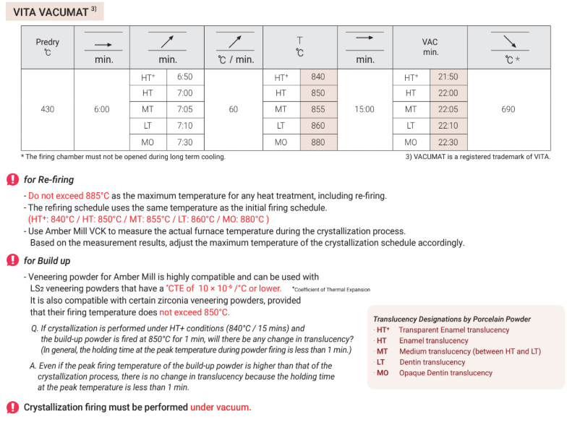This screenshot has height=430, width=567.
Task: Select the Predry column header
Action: click(x=48, y=47)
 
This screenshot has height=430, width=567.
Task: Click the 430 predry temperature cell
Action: click(x=48, y=109)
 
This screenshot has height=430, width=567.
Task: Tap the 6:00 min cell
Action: click(x=102, y=109)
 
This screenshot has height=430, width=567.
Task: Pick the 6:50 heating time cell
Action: click(x=185, y=77)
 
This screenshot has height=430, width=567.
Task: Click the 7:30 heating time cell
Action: click(x=185, y=142)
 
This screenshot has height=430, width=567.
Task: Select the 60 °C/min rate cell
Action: click(x=234, y=109)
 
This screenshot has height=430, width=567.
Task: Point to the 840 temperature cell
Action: click(x=317, y=77)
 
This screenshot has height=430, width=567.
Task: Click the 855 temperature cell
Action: click(x=317, y=109)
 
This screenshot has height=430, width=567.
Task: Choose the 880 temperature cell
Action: click(x=317, y=142)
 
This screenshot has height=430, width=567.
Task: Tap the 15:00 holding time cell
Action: click(x=364, y=109)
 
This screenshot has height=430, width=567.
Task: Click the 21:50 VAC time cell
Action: click(x=448, y=77)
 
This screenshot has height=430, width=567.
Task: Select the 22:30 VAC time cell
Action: click(x=448, y=142)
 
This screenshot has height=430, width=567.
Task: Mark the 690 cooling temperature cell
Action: click(x=508, y=109)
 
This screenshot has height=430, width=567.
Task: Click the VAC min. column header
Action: click(x=430, y=47)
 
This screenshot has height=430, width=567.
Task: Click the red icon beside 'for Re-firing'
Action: click(x=12, y=180)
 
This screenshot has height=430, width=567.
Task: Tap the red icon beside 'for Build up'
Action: click(x=12, y=261)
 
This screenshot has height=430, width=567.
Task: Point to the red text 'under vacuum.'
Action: click(x=221, y=408)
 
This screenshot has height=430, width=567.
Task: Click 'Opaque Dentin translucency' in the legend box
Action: click(x=445, y=373)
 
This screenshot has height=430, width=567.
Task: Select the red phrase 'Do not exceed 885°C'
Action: click(x=69, y=196)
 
